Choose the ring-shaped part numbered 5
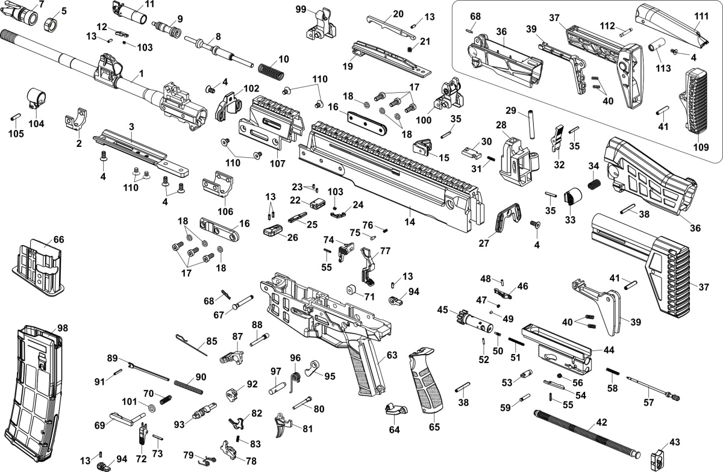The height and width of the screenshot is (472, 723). [52, 25]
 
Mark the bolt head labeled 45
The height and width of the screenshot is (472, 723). [469, 318]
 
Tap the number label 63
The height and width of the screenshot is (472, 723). [392, 355]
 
